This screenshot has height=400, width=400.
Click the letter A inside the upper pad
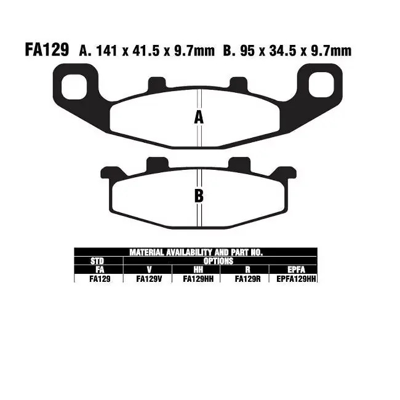click(x=199, y=118)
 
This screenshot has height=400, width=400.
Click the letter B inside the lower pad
click(x=199, y=196)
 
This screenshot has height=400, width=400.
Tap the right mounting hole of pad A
click(x=322, y=83)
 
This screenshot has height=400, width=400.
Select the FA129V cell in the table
click(x=148, y=279)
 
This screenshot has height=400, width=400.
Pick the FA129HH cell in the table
click(x=196, y=279)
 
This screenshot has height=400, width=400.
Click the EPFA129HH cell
click(x=294, y=279)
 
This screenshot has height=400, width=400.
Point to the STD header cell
click(x=98, y=261)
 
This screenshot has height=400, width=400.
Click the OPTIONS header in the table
click(x=220, y=261)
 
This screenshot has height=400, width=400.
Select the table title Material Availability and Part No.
click(x=196, y=252)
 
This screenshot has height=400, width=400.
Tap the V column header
click(x=148, y=270)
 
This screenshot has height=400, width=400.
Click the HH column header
click(x=196, y=270)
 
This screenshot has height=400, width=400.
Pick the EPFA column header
click(x=294, y=270)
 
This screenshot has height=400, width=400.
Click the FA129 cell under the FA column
click(x=98, y=279)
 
